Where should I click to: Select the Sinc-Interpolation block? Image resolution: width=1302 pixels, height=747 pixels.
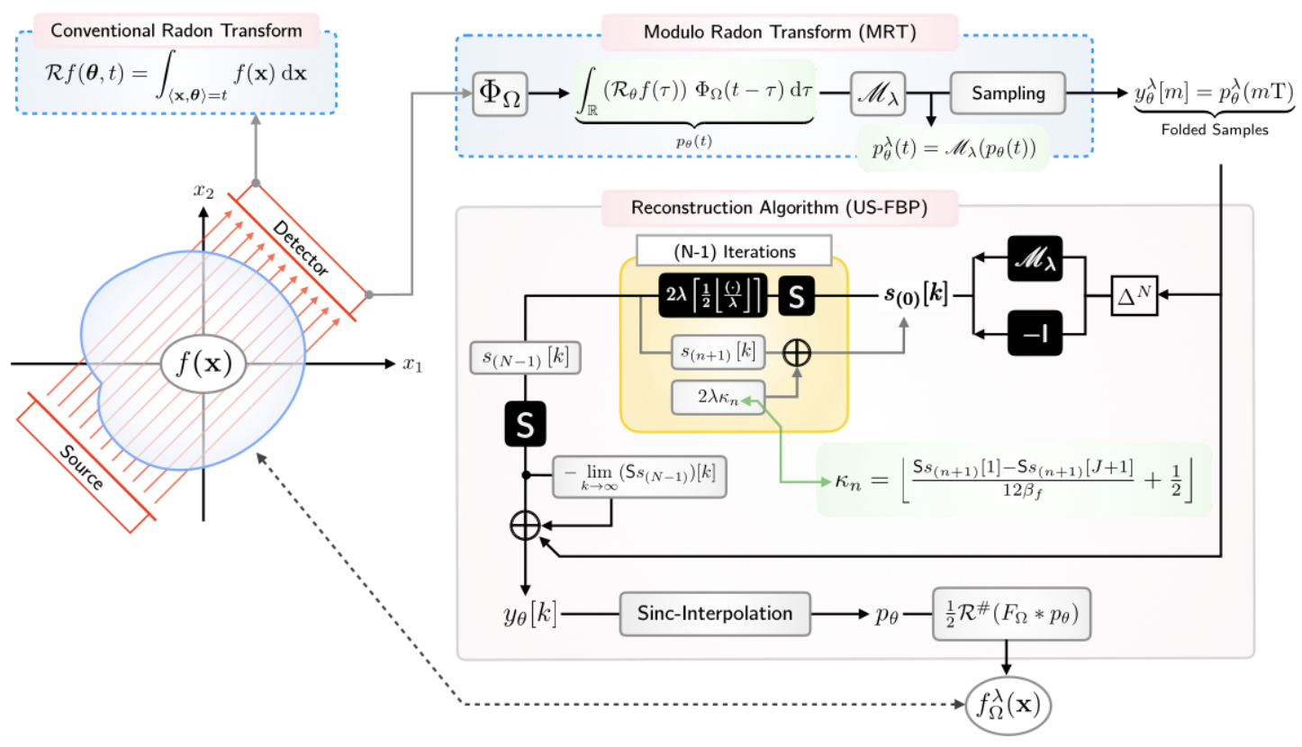pyautogui.click(x=715, y=614)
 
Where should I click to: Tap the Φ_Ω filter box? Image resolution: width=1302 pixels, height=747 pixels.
pyautogui.click(x=501, y=94)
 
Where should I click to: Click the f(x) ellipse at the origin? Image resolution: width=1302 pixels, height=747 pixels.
pyautogui.click(x=203, y=364)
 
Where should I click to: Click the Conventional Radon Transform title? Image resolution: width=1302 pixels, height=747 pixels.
pyautogui.click(x=176, y=29)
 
